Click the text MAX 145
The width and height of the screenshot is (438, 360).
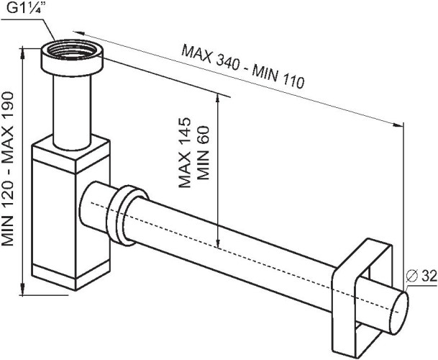[185, 152]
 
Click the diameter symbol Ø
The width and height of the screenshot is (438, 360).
[412, 275]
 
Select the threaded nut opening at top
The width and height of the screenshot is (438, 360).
[72, 54]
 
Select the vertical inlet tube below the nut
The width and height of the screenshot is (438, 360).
[72, 108]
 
